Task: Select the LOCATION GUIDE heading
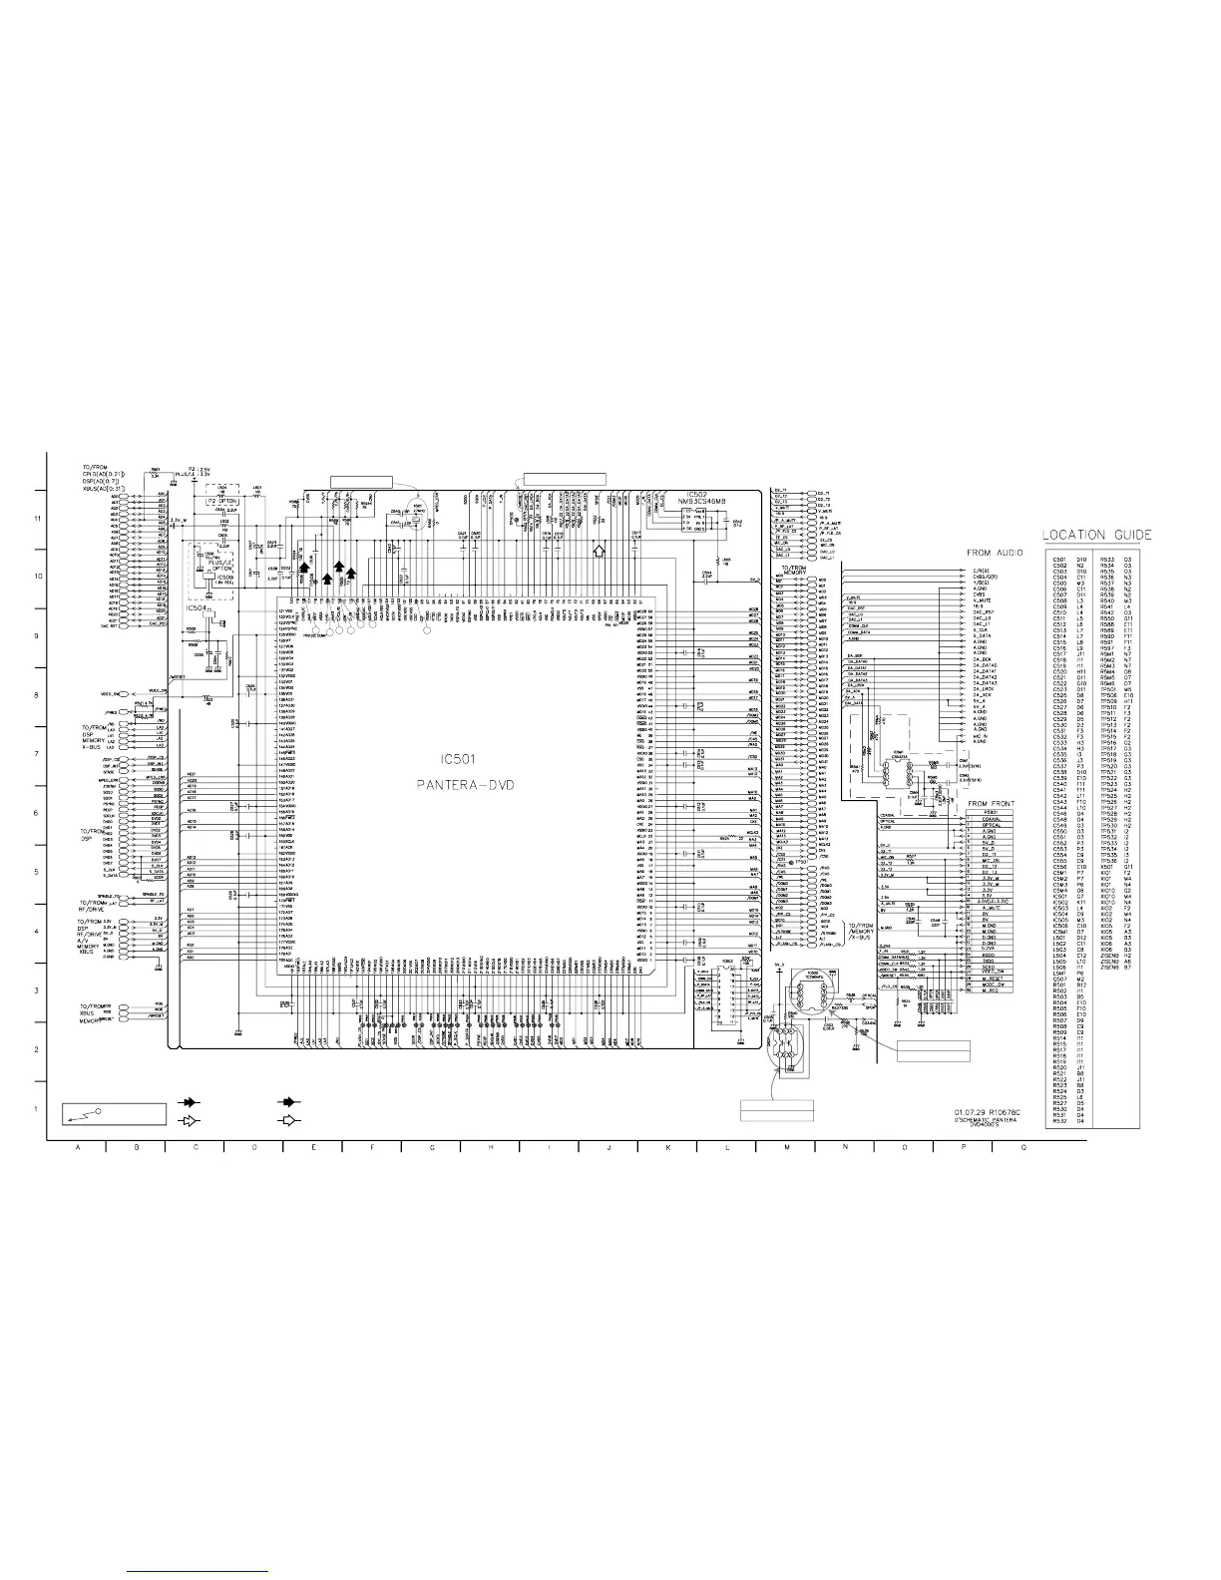(1097, 536)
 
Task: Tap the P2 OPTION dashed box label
(223, 501)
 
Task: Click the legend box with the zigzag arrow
(112, 1112)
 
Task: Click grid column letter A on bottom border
(77, 1148)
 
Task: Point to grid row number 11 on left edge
(38, 520)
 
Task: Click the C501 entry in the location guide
(1059, 560)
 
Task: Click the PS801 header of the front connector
(991, 813)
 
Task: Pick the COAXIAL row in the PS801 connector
(991, 819)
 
